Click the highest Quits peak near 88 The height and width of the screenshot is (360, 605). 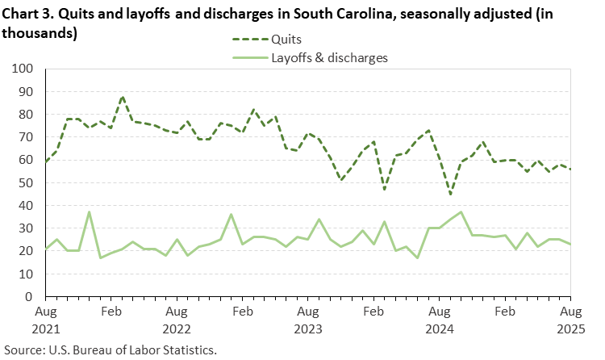pos(122,97)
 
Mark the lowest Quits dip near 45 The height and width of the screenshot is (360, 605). pos(450,195)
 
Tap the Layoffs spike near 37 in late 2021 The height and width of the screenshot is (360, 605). pos(90,212)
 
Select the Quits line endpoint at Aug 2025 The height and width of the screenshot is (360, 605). pos(570,170)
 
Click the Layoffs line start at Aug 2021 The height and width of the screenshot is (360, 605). pos(47,249)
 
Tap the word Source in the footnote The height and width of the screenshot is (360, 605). pos(23,350)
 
